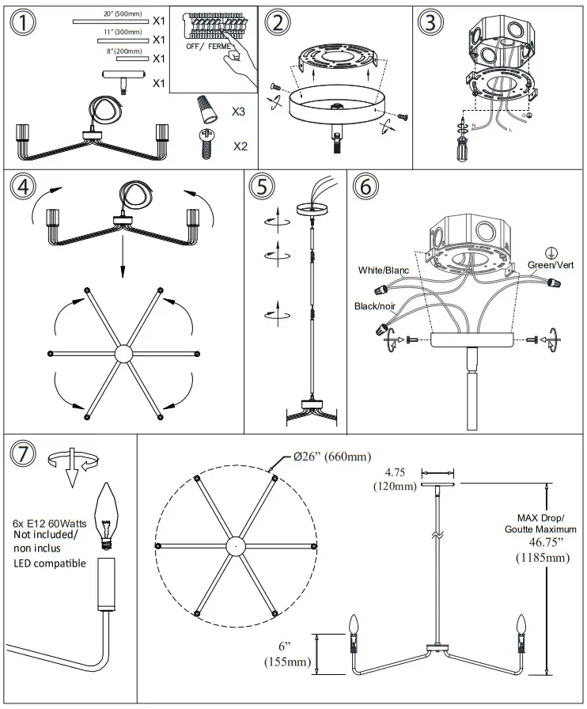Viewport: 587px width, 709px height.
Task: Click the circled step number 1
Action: (24, 21)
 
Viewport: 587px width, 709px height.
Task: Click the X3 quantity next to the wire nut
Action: (238, 112)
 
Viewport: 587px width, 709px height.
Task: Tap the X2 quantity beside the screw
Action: (240, 146)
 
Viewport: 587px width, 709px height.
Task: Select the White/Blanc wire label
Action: (384, 270)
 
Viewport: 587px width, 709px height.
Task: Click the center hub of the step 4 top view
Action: (123, 353)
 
